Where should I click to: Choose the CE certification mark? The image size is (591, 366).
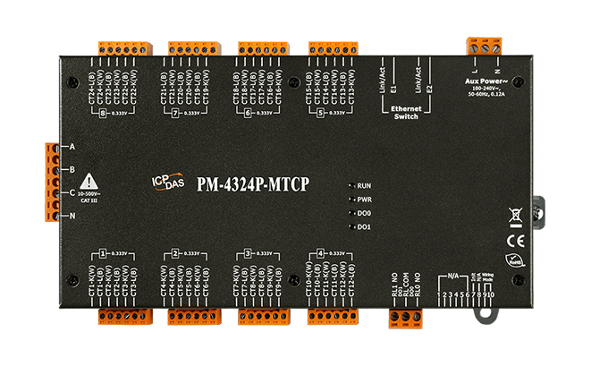point(515,240)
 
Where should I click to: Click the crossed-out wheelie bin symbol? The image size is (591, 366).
point(515,215)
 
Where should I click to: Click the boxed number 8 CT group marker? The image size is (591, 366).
point(104,113)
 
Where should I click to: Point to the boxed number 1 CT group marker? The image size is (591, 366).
point(104,253)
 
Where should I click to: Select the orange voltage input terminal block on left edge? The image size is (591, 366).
point(50,181)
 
